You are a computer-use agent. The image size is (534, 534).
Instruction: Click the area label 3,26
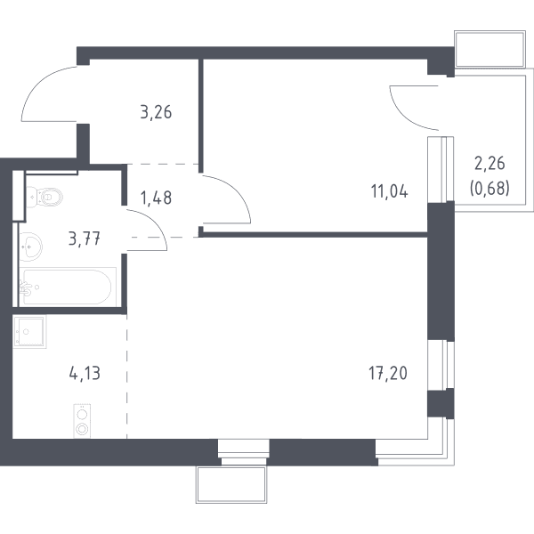click(156, 112)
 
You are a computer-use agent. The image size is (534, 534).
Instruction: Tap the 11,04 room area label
click(389, 191)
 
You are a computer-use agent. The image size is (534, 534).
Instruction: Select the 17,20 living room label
click(388, 373)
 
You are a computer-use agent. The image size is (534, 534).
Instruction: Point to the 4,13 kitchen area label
click(85, 374)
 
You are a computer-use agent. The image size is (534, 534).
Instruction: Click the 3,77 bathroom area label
click(85, 239)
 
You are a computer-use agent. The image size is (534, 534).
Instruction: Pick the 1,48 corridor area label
click(156, 198)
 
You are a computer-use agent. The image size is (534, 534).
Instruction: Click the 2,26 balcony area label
click(489, 164)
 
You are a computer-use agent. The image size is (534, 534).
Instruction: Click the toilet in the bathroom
click(44, 197)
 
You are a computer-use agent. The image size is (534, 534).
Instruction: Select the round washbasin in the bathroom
click(30, 247)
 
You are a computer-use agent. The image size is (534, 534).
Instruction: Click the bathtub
click(68, 287)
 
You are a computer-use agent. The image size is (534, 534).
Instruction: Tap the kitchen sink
click(29, 331)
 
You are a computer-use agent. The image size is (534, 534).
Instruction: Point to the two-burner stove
click(83, 421)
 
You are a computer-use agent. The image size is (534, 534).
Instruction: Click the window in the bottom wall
click(244, 452)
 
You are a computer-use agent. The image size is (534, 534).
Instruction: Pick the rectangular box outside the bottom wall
click(231, 485)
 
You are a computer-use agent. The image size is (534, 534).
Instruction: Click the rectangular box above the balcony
click(489, 49)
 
